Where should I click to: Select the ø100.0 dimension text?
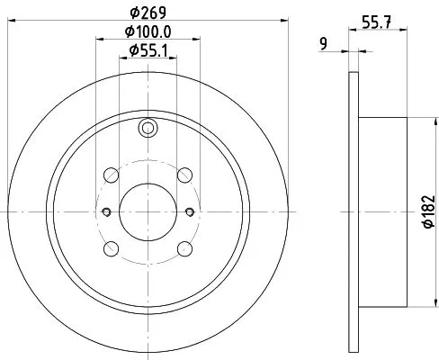click(x=147, y=32)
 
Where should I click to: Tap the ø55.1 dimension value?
click(x=147, y=49)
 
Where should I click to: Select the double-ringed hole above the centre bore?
click(x=147, y=130)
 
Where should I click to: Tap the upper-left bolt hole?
click(x=111, y=175)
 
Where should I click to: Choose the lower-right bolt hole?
click(x=184, y=248)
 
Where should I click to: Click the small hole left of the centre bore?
click(x=105, y=211)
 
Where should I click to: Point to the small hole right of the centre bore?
click(x=189, y=211)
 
